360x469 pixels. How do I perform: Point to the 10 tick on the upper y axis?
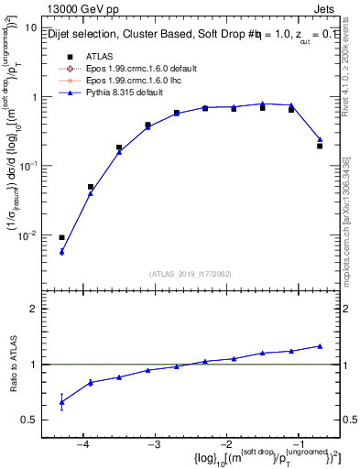coord(29,27)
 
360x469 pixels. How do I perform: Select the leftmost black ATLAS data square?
coord(61,238)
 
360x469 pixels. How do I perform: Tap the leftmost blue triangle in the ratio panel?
coord(61,402)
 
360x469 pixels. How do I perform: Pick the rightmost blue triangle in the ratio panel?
coord(320,345)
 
